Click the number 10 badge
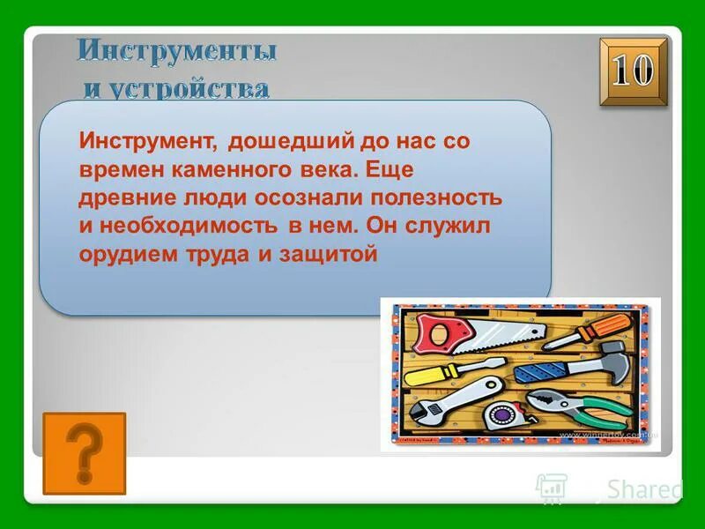[x=634, y=73]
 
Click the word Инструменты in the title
[x=176, y=51]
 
